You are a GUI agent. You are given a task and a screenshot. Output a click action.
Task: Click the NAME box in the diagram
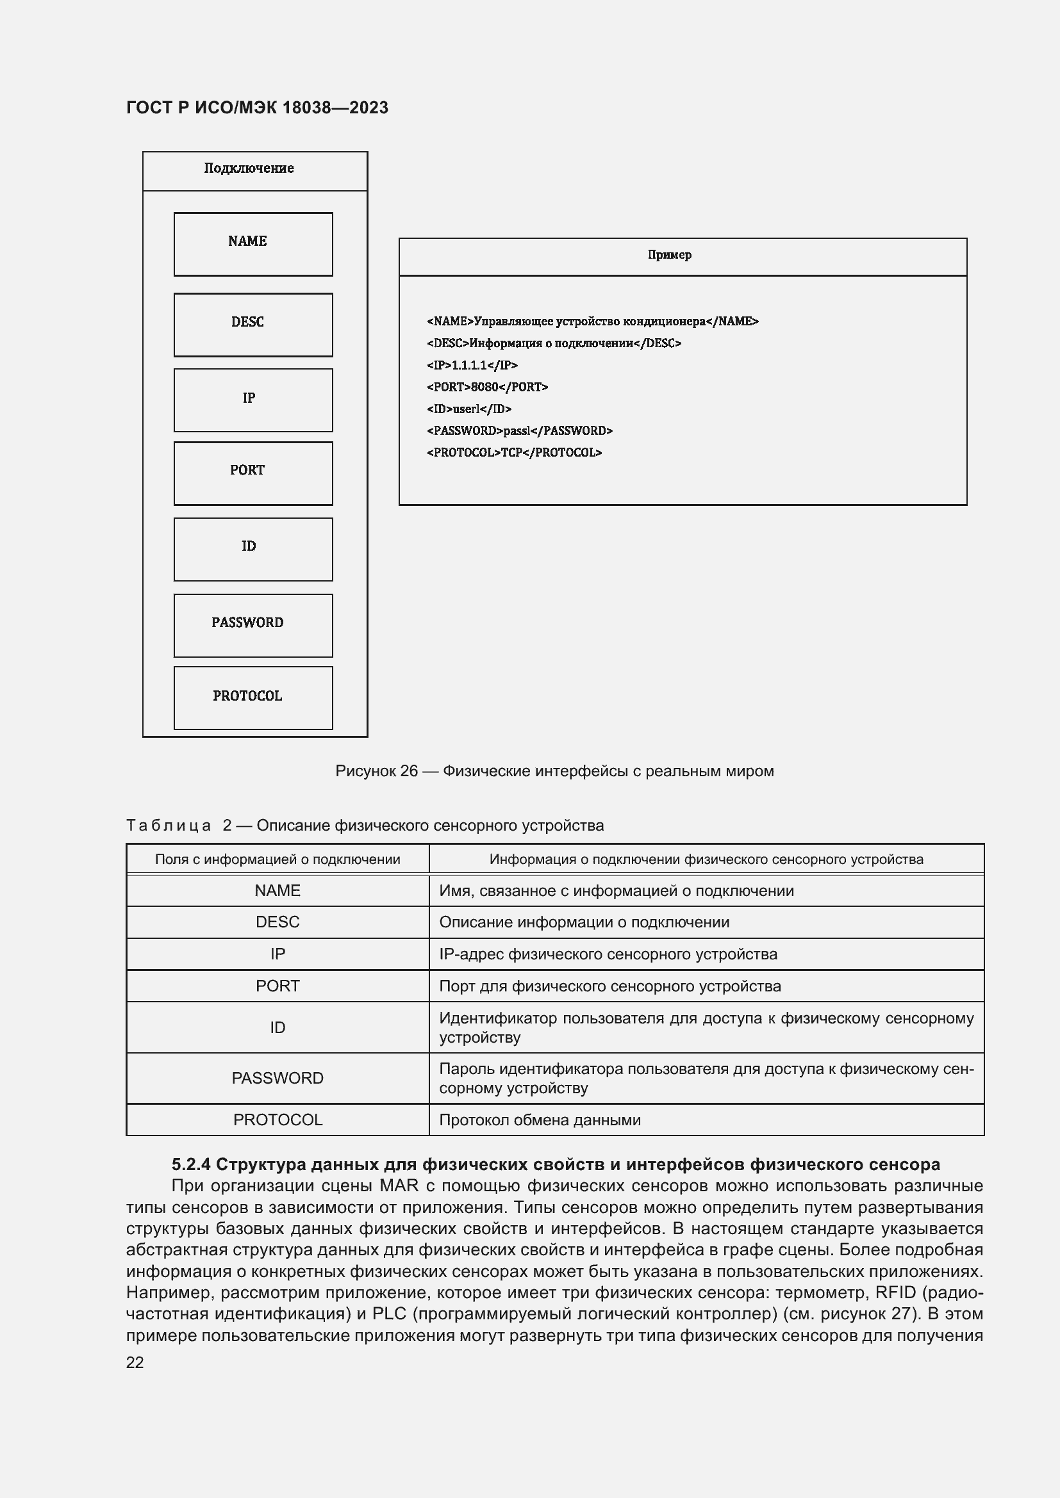pos(253,244)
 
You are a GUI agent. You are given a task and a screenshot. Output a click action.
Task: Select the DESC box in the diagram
pos(253,325)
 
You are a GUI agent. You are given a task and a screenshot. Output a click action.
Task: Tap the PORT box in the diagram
pos(253,474)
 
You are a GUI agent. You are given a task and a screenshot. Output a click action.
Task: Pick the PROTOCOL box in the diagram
pos(253,697)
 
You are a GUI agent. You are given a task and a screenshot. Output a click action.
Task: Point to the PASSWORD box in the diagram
pos(253,625)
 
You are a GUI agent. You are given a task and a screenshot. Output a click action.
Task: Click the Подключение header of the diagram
pos(249,168)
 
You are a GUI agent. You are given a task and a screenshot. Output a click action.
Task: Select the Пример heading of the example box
pos(669,255)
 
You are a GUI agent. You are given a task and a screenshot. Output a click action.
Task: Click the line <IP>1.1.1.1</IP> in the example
pos(472,365)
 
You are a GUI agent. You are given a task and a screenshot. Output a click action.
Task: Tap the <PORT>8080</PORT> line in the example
pos(487,387)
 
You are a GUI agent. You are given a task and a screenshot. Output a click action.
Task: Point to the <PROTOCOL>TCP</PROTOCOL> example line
pos(514,453)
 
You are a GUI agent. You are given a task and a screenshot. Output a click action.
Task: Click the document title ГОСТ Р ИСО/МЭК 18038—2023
pos(257,108)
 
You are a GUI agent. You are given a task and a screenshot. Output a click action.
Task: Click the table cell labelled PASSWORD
pos(277,1078)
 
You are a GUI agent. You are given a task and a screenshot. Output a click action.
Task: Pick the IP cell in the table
pos(277,954)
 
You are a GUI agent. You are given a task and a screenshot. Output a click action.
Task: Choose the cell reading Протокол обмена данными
pos(540,1119)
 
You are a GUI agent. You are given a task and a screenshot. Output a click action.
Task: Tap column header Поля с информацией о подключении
pos(277,859)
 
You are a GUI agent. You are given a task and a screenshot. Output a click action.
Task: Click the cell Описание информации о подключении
pos(584,922)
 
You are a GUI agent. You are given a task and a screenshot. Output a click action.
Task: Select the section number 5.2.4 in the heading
pos(190,1164)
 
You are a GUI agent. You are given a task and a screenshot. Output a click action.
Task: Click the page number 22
pos(135,1362)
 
